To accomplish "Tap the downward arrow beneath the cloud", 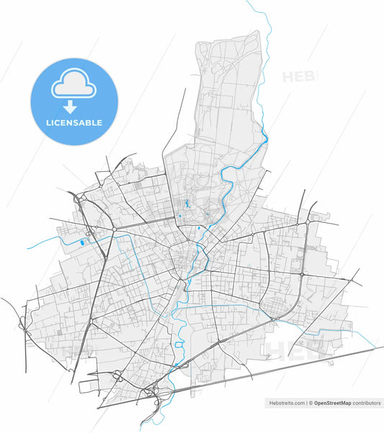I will [70, 108].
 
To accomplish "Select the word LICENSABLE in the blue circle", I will [73, 123].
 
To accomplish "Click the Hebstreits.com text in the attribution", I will [286, 404].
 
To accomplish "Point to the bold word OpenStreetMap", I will [337, 404].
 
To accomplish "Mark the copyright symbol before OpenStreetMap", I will [311, 404].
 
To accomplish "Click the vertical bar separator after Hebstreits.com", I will [305, 404].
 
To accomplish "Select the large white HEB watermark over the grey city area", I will [295, 350].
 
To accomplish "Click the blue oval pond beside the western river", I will [81, 242].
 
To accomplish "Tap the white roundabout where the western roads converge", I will [114, 230].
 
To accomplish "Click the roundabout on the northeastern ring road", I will [308, 224].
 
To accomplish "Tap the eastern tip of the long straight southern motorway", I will [382, 348].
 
